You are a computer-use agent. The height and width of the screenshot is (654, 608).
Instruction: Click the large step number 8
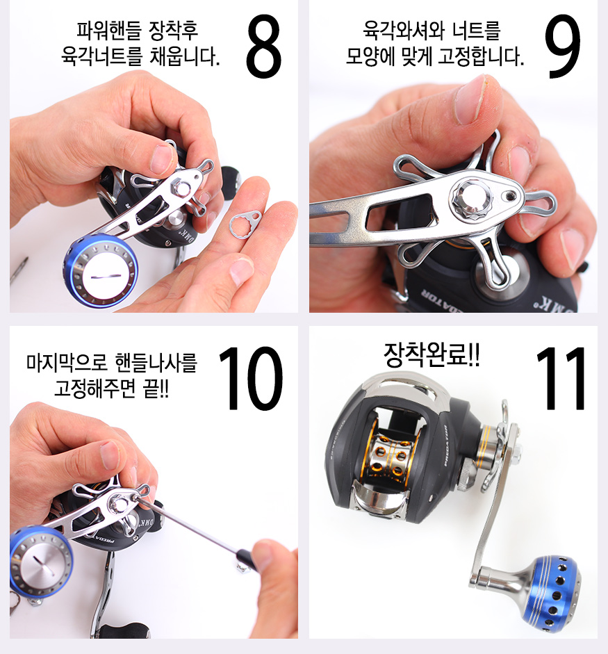tap(263, 47)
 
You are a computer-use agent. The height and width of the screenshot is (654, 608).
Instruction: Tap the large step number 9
tap(563, 47)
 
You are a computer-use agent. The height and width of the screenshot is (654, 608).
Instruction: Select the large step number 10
tap(249, 378)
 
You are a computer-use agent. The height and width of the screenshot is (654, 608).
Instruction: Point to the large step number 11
tap(561, 378)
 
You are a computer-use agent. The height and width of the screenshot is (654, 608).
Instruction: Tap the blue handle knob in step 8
tap(100, 271)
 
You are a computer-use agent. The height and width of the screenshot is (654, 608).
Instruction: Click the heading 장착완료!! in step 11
tap(432, 354)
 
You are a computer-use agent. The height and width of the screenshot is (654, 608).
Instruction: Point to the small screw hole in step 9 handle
tap(510, 195)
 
